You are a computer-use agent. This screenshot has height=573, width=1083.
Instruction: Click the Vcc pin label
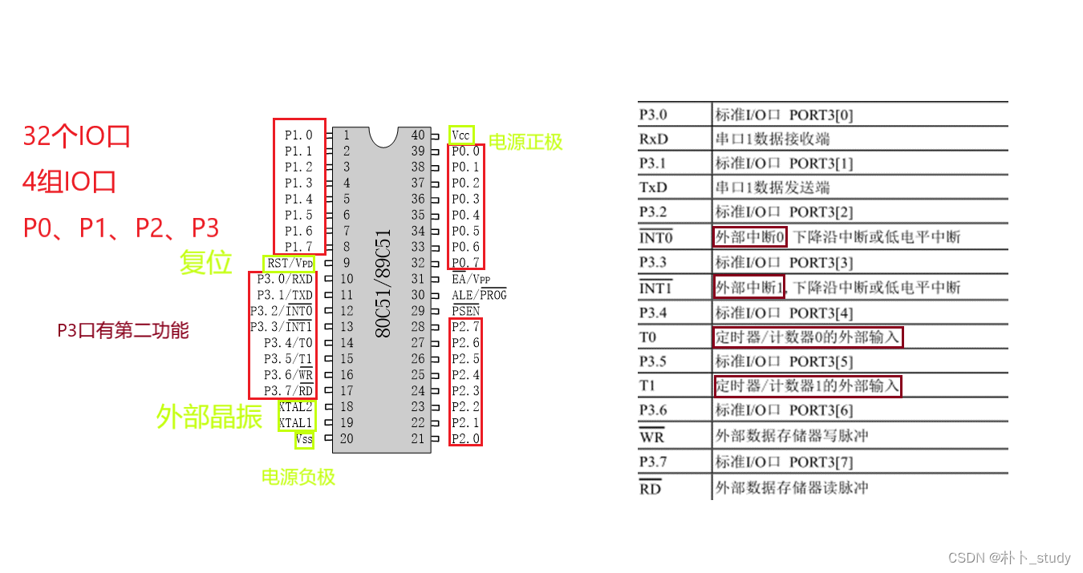(460, 135)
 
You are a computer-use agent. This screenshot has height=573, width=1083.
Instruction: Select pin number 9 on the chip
(347, 263)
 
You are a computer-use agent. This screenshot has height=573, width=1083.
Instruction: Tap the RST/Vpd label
(290, 263)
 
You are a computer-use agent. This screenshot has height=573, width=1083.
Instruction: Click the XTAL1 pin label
(295, 422)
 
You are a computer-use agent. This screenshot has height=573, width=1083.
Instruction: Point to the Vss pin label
(304, 439)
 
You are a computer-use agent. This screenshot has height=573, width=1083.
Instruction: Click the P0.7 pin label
(465, 263)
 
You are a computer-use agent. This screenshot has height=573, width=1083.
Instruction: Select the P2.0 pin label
(465, 438)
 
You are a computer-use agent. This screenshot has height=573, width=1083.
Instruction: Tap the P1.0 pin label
(298, 135)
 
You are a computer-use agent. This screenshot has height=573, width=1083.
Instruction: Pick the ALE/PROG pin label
(479, 295)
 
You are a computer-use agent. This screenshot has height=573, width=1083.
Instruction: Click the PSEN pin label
(465, 310)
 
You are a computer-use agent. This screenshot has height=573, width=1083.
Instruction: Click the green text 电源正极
(525, 142)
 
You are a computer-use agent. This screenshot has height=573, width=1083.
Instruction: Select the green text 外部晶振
(209, 416)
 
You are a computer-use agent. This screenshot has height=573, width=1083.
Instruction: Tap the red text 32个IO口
(77, 136)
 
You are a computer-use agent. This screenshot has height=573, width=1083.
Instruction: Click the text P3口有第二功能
(123, 330)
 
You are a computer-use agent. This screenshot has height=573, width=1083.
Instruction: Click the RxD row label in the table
(654, 139)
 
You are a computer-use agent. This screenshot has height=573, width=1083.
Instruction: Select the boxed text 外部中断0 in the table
(749, 237)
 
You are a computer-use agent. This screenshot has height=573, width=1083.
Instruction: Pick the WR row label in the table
(651, 437)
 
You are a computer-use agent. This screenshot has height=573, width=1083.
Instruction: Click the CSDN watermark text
(1009, 558)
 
